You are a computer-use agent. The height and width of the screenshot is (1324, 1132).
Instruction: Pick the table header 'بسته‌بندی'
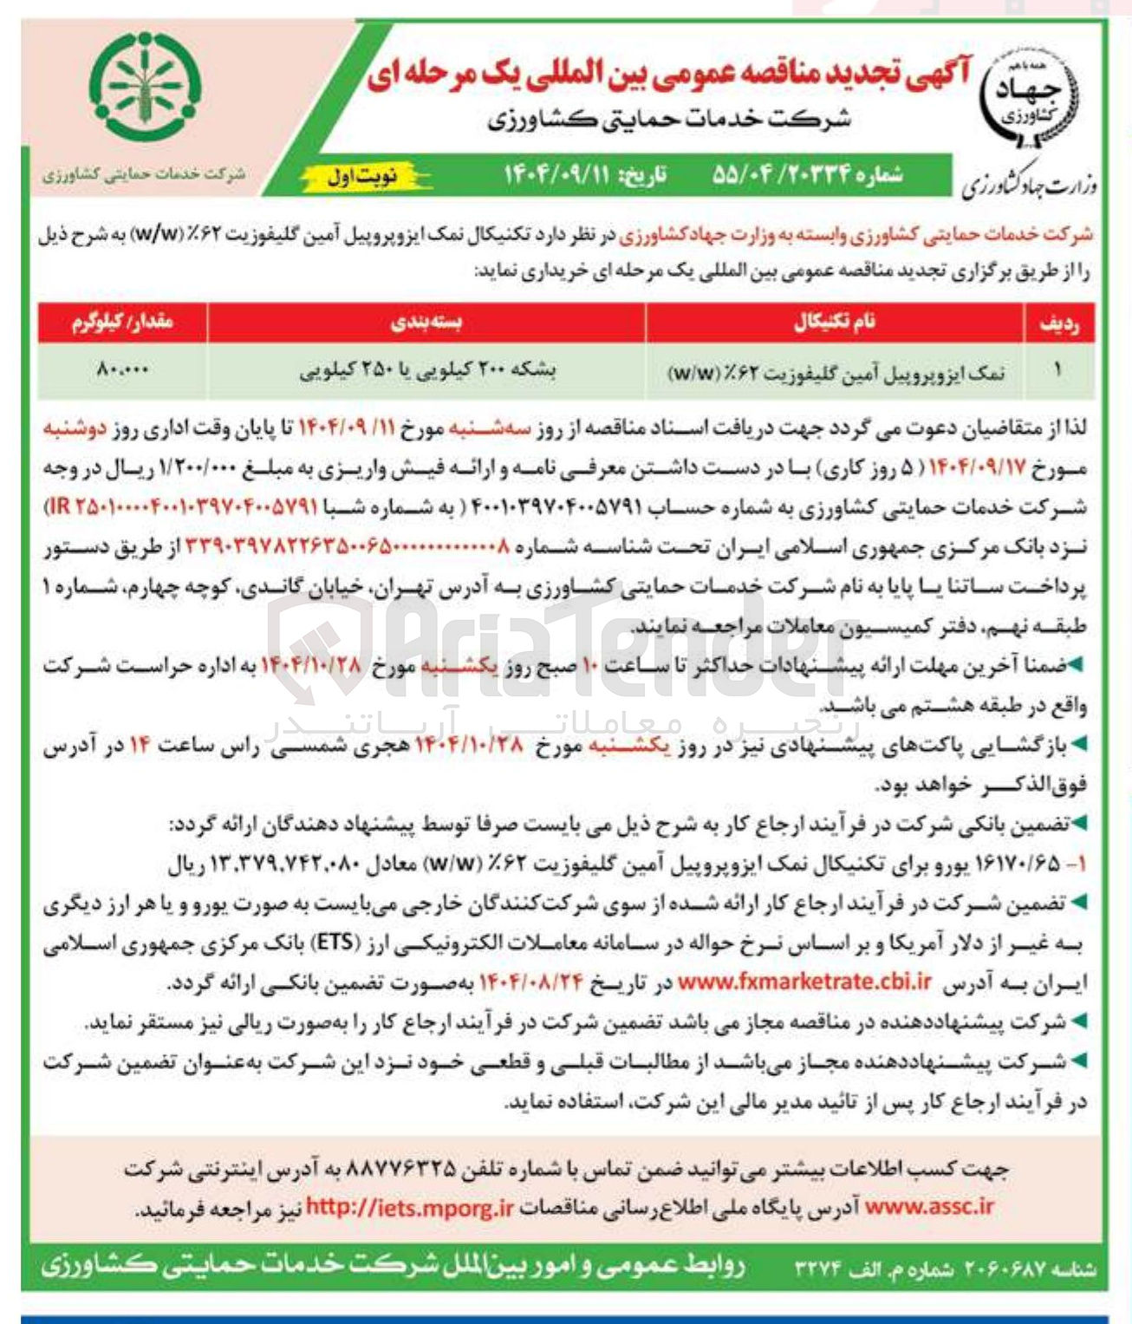426,322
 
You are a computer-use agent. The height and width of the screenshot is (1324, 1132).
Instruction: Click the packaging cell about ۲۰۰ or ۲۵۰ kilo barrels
427,370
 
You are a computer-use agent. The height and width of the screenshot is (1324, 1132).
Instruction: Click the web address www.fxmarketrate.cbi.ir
803,982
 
